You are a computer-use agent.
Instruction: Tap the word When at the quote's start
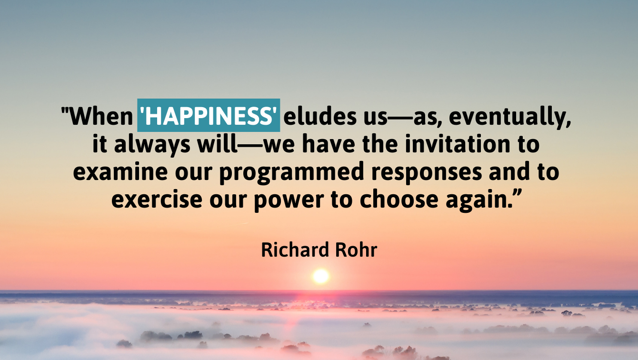pos(101,116)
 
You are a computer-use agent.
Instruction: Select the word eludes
pos(320,116)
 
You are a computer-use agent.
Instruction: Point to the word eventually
pos(510,117)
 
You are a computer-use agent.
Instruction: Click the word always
pos(152,145)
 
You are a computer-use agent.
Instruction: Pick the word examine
pos(120,171)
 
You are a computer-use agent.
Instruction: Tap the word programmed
pos(292,172)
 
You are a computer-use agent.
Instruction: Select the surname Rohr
pos(356,250)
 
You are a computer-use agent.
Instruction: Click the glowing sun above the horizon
pos(321,276)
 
